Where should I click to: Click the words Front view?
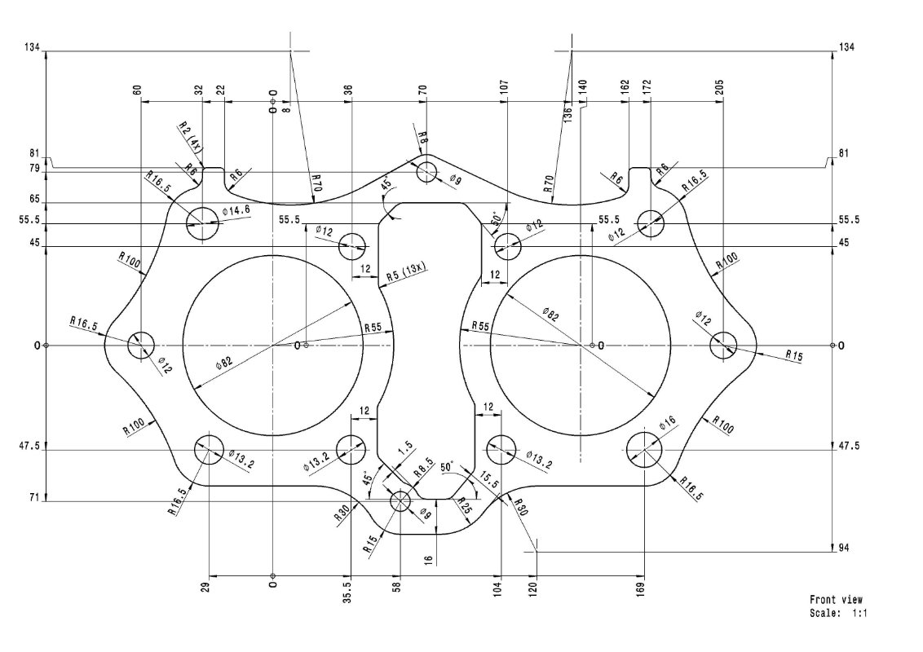pyautogui.click(x=836, y=600)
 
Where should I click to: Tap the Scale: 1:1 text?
pyautogui.click(x=838, y=612)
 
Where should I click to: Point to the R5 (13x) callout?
pyautogui.click(x=407, y=273)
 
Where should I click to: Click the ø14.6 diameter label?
pyautogui.click(x=236, y=210)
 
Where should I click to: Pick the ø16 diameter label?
pyautogui.click(x=667, y=421)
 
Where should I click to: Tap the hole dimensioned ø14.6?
pyautogui.click(x=203, y=222)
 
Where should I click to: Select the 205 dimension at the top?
pyautogui.click(x=719, y=87)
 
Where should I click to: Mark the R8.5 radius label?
pyautogui.click(x=423, y=471)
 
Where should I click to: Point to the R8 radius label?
pyautogui.click(x=423, y=138)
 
